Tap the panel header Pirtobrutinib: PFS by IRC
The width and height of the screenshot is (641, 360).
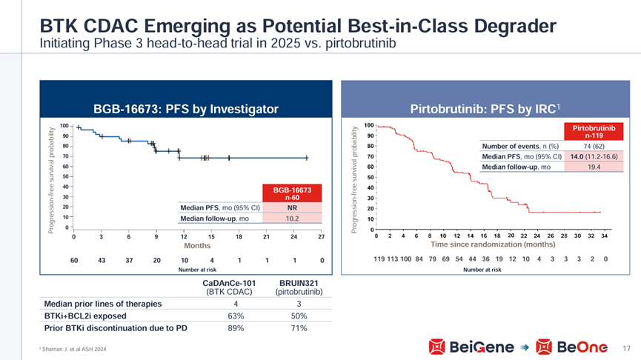(x=488, y=109)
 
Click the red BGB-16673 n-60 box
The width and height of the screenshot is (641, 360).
(x=292, y=194)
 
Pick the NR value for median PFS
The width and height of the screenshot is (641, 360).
(x=292, y=207)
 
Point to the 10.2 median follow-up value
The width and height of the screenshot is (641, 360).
(x=292, y=219)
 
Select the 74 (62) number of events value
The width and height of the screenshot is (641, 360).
(x=593, y=146)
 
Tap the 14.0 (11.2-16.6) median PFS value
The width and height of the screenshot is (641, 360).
(x=593, y=156)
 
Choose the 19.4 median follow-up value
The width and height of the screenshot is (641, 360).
(x=593, y=167)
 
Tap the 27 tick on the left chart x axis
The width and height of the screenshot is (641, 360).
(x=321, y=237)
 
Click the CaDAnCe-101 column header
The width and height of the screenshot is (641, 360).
(x=235, y=284)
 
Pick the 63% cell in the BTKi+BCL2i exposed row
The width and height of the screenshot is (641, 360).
(x=235, y=316)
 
